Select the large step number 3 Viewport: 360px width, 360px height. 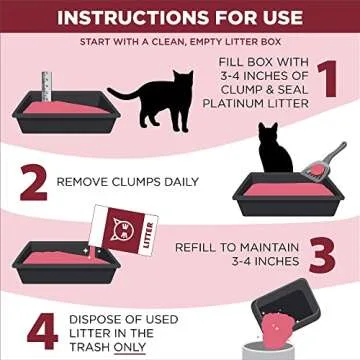[320, 255]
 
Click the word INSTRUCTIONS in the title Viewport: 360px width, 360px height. [130, 17]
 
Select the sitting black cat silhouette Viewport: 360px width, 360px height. [272, 149]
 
